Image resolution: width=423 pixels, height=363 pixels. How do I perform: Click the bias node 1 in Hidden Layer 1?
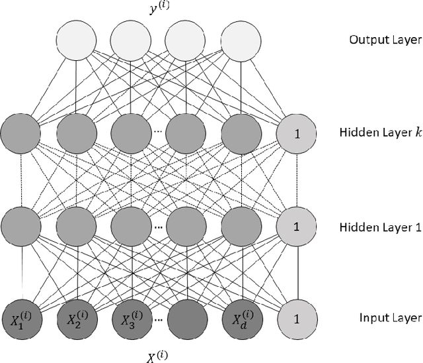pos(296,227)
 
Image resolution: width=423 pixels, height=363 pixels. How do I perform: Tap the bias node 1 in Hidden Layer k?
pos(296,134)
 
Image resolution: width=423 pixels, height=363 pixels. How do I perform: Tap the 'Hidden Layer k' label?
pos(379,133)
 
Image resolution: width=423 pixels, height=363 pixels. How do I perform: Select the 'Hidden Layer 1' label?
pos(379,227)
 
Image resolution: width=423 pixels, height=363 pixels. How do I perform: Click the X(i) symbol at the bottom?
pos(158,355)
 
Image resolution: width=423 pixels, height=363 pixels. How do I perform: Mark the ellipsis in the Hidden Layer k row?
pos(159,131)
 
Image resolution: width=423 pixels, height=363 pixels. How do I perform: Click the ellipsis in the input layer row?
pos(159,320)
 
